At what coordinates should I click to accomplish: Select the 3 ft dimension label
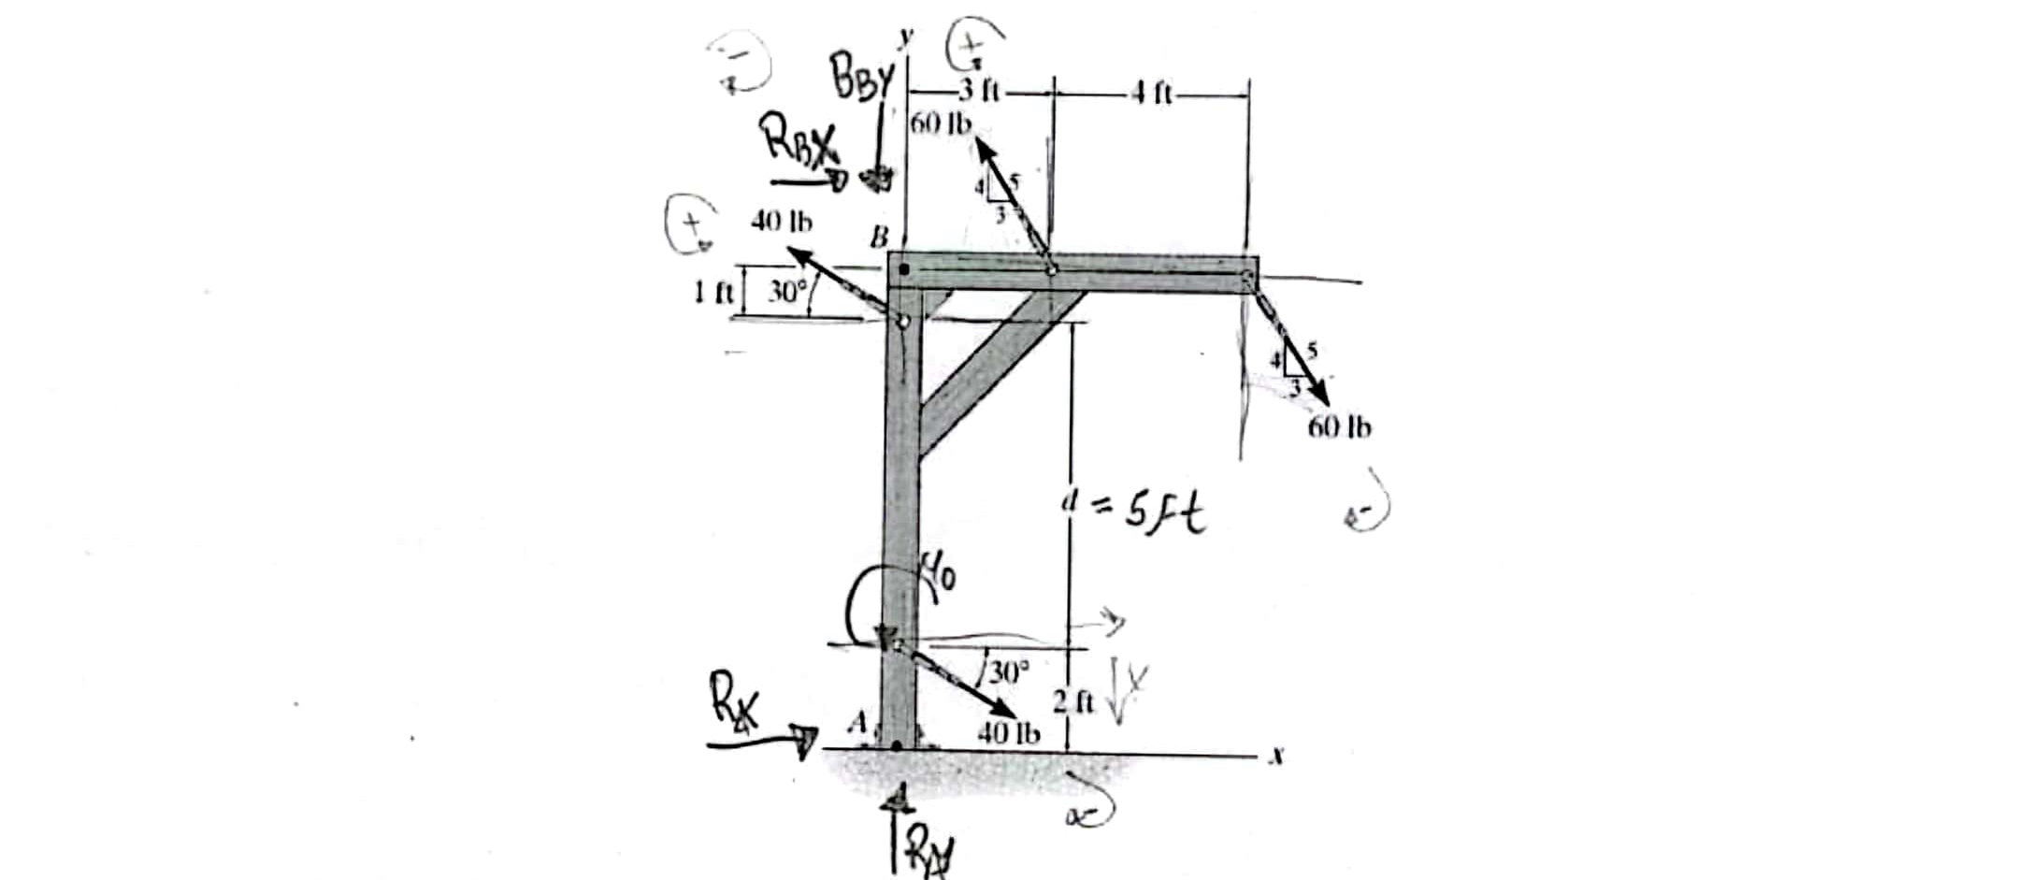pos(978,92)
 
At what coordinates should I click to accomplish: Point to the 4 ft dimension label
pos(1151,93)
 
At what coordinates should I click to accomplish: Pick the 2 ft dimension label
pos(1073,702)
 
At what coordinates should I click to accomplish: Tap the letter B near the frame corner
pos(878,238)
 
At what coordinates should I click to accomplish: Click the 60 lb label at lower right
pos(1340,427)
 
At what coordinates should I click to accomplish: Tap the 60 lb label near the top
pos(941,123)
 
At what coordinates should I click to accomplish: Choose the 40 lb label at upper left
pos(782,222)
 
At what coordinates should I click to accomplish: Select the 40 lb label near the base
pos(1008,732)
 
